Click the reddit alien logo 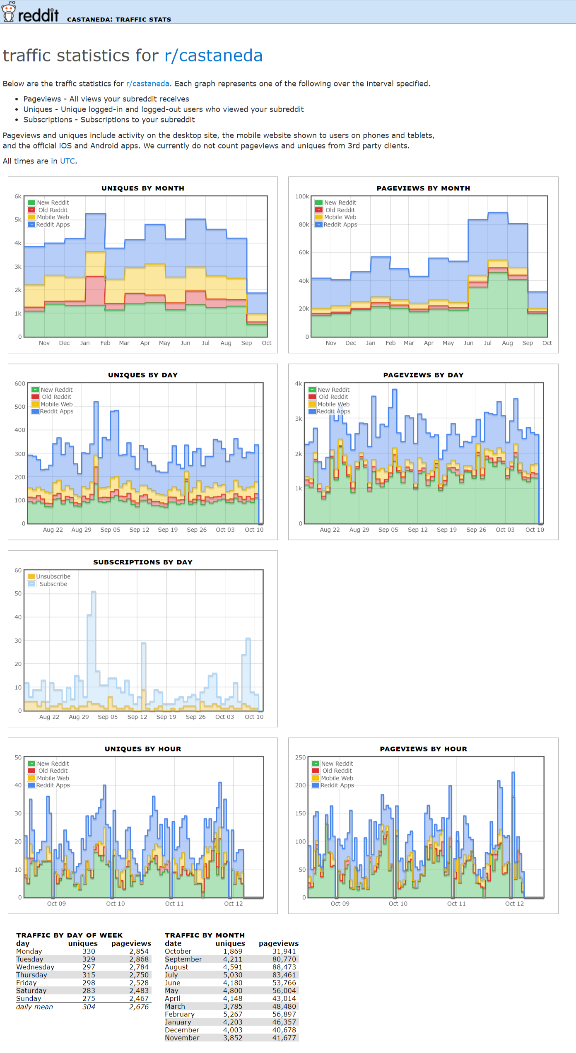click(9, 12)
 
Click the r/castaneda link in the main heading click(213, 55)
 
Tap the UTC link click(67, 161)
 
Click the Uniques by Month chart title click(143, 188)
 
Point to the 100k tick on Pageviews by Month click(302, 196)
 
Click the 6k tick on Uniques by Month click(18, 196)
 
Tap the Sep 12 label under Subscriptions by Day click(137, 717)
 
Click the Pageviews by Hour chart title click(423, 749)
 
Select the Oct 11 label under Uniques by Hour click(174, 904)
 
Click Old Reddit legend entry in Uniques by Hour click(53, 771)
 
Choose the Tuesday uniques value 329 click(89, 959)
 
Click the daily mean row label click(34, 1007)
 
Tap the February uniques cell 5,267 click(233, 1014)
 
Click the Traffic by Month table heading click(205, 935)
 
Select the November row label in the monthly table click(182, 1038)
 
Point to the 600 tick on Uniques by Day click(20, 383)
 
